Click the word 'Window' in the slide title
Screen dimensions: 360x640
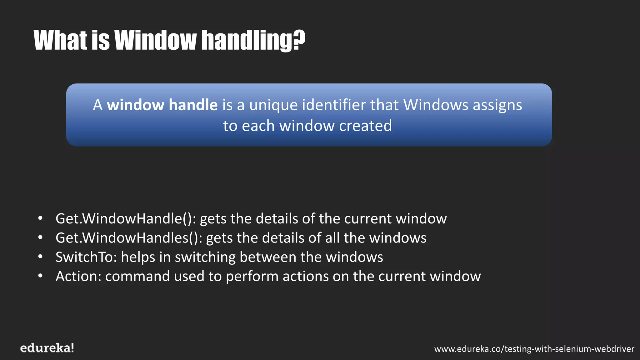pyautogui.click(x=155, y=40)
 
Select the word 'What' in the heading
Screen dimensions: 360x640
pyautogui.click(x=60, y=40)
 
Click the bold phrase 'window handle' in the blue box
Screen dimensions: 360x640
pyautogui.click(x=162, y=105)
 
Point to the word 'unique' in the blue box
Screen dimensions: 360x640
pyautogui.click(x=273, y=105)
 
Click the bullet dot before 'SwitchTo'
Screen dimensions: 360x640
pyautogui.click(x=40, y=257)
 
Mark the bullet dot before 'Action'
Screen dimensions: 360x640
pyautogui.click(x=40, y=276)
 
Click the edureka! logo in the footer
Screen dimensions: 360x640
pyautogui.click(x=47, y=348)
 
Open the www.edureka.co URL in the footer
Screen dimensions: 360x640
pyautogui.click(x=534, y=349)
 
